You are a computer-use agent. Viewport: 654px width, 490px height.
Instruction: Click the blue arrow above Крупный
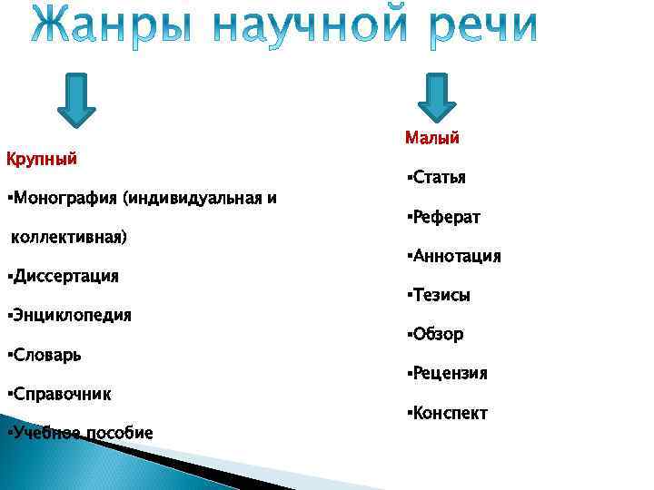point(76,99)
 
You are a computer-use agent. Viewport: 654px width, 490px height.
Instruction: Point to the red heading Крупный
point(41,160)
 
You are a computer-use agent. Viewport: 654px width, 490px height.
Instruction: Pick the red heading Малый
point(432,138)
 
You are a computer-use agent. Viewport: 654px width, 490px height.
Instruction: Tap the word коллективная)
point(69,238)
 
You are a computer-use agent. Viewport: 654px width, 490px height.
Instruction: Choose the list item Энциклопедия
point(71,316)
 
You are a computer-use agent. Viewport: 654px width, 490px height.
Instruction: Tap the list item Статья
point(438,178)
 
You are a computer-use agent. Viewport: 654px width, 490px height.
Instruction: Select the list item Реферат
point(445,218)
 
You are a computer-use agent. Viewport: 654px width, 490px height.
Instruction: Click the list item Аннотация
point(455,257)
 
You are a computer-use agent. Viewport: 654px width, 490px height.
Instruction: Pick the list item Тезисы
point(441,296)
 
